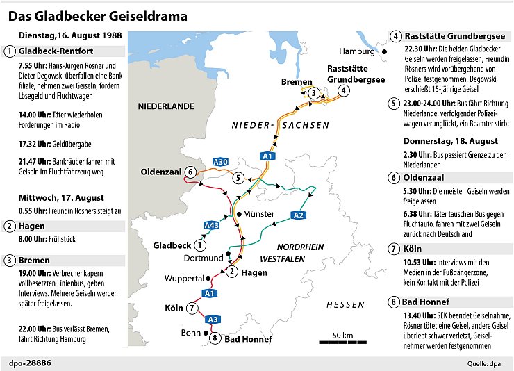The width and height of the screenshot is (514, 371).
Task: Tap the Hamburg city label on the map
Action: click(x=356, y=51)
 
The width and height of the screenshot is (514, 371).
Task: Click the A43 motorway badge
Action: click(x=212, y=225)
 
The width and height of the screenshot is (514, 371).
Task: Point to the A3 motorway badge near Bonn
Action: click(x=213, y=319)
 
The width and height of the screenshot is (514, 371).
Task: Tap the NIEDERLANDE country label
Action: click(x=165, y=106)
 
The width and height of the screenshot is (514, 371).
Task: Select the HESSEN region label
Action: click(x=345, y=304)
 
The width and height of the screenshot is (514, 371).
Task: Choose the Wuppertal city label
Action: click(x=183, y=279)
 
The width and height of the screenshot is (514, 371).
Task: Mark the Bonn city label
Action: click(x=190, y=333)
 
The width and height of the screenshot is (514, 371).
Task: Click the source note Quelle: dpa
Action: click(x=484, y=363)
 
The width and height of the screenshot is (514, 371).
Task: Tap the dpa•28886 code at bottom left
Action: click(x=29, y=363)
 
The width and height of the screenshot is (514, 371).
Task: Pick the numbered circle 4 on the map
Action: click(x=343, y=90)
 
